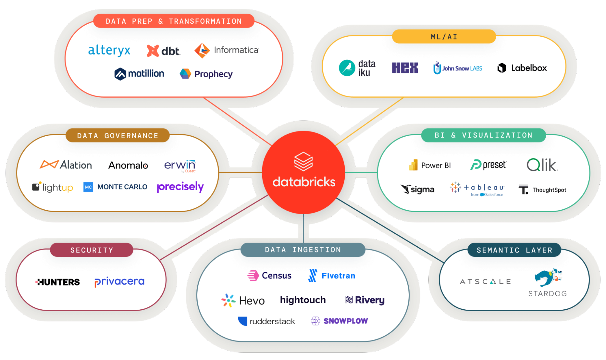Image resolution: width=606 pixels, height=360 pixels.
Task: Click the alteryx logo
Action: (109, 51)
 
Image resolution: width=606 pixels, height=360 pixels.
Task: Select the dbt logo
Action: (163, 51)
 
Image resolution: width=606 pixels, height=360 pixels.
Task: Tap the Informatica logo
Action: (226, 50)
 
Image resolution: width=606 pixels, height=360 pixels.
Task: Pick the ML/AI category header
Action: (444, 37)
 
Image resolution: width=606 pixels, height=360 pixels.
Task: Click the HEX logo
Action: (405, 68)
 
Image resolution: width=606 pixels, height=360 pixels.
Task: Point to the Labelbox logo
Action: (522, 68)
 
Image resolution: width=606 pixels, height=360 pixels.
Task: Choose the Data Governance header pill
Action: (118, 135)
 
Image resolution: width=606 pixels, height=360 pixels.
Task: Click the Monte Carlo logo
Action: (116, 187)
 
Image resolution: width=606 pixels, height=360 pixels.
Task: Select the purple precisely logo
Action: (180, 187)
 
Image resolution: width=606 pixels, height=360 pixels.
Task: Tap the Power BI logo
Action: (430, 165)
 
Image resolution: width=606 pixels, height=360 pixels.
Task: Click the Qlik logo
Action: (542, 165)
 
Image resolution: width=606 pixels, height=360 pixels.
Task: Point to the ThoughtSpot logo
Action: (542, 190)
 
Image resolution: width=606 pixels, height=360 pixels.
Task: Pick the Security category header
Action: (92, 250)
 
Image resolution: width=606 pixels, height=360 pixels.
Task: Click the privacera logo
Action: (119, 282)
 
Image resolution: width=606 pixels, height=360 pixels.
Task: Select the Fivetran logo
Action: (332, 275)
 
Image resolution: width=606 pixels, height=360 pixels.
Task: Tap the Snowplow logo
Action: (339, 321)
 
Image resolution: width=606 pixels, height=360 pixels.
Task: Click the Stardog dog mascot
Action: (548, 277)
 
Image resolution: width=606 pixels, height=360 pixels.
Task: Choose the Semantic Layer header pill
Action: (514, 250)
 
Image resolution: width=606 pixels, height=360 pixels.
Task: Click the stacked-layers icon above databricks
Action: (303, 162)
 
